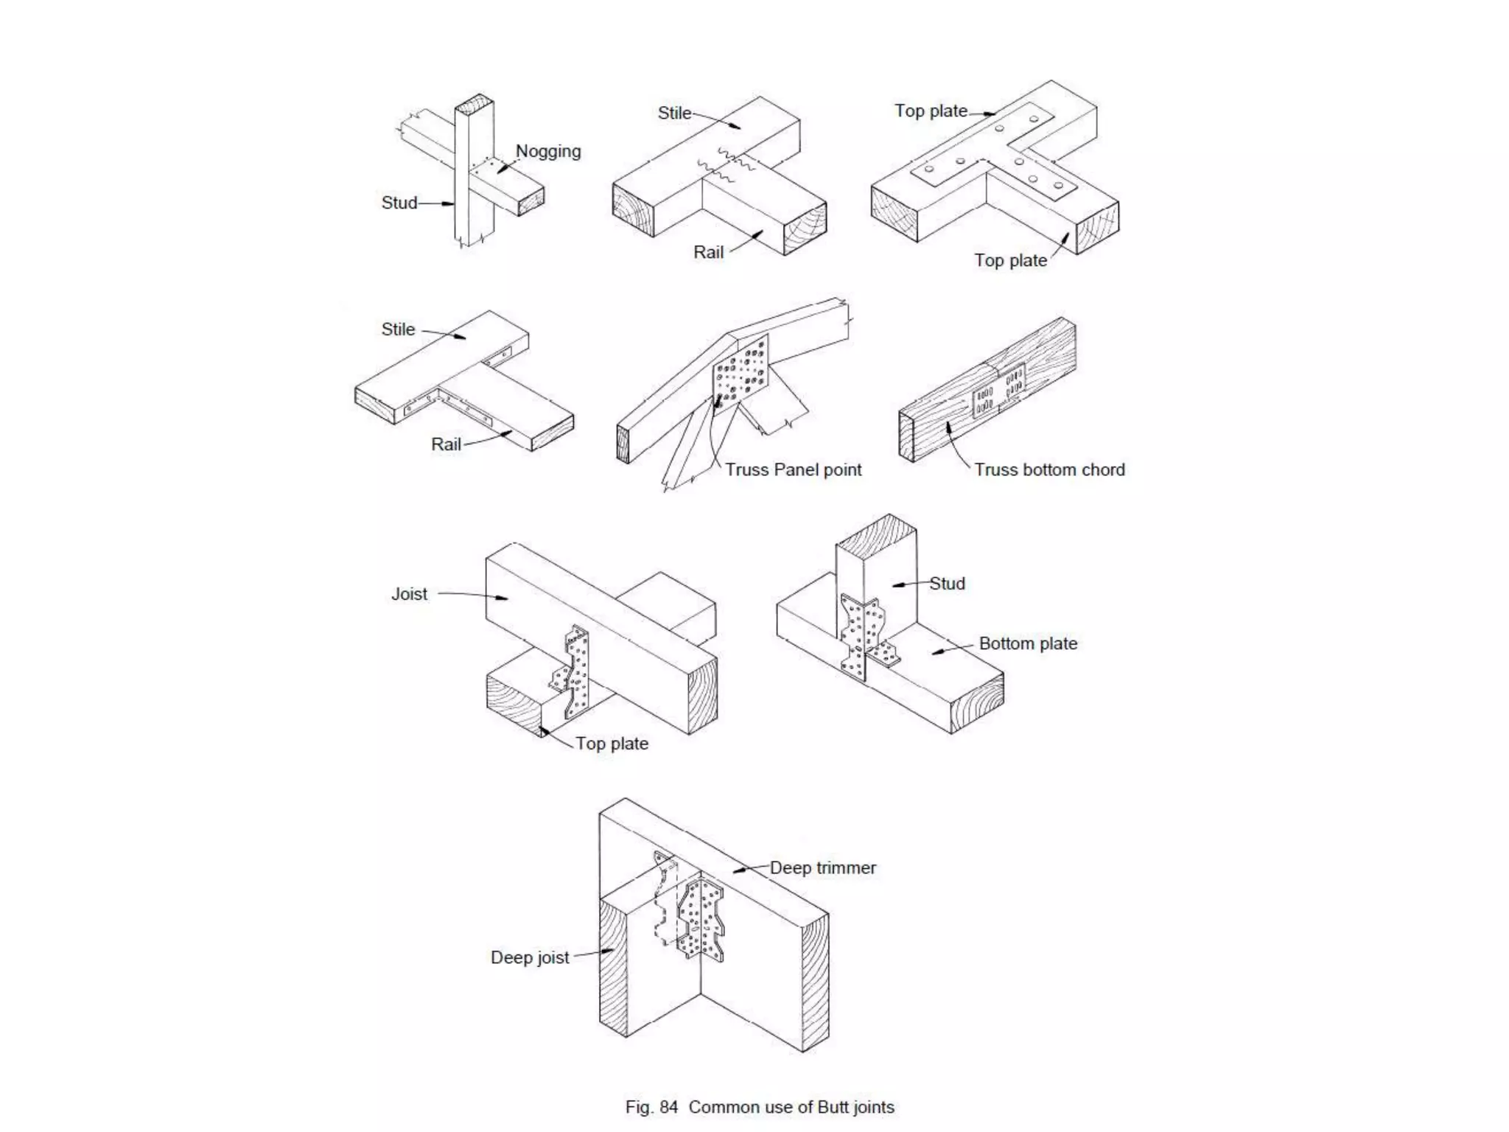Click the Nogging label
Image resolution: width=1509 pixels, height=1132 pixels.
(547, 151)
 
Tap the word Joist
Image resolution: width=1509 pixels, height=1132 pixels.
(409, 594)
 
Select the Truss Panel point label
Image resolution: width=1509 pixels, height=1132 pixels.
(793, 470)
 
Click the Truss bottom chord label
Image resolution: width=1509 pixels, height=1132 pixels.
(1049, 470)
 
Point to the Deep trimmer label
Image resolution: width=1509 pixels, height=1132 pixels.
(823, 868)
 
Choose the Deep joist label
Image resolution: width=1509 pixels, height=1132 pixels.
(530, 957)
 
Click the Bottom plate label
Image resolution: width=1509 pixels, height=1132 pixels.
(1028, 643)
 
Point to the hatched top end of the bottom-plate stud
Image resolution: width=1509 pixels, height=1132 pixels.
(877, 534)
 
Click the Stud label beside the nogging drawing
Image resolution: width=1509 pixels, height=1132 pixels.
(399, 203)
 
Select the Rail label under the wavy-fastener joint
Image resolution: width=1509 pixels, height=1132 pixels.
(708, 253)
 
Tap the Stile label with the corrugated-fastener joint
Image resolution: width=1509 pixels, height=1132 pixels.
(674, 113)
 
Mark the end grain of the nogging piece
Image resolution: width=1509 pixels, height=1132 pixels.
(531, 200)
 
